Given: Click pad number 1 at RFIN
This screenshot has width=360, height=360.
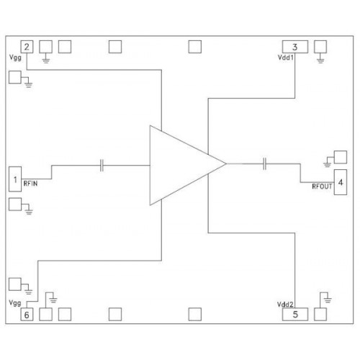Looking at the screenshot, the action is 15,179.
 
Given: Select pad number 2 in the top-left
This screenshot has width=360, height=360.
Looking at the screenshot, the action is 27,47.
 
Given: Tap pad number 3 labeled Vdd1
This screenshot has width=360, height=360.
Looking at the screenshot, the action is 295,47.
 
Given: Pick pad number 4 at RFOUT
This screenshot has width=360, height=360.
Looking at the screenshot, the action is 341,182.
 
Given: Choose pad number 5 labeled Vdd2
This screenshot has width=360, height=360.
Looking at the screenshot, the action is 295,314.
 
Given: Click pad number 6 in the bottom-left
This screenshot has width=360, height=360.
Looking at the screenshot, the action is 27,315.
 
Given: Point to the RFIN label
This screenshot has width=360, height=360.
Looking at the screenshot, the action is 30,184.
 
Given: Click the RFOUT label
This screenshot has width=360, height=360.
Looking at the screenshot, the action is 322,186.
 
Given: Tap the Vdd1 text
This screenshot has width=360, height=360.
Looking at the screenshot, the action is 286,58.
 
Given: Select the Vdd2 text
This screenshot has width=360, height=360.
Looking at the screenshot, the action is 285,305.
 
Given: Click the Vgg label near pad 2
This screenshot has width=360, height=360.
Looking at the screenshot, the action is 15,58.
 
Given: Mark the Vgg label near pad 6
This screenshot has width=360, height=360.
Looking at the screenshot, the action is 15,303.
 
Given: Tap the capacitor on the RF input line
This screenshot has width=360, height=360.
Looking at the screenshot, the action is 102,166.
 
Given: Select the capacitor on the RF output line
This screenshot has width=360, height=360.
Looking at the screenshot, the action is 264,164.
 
